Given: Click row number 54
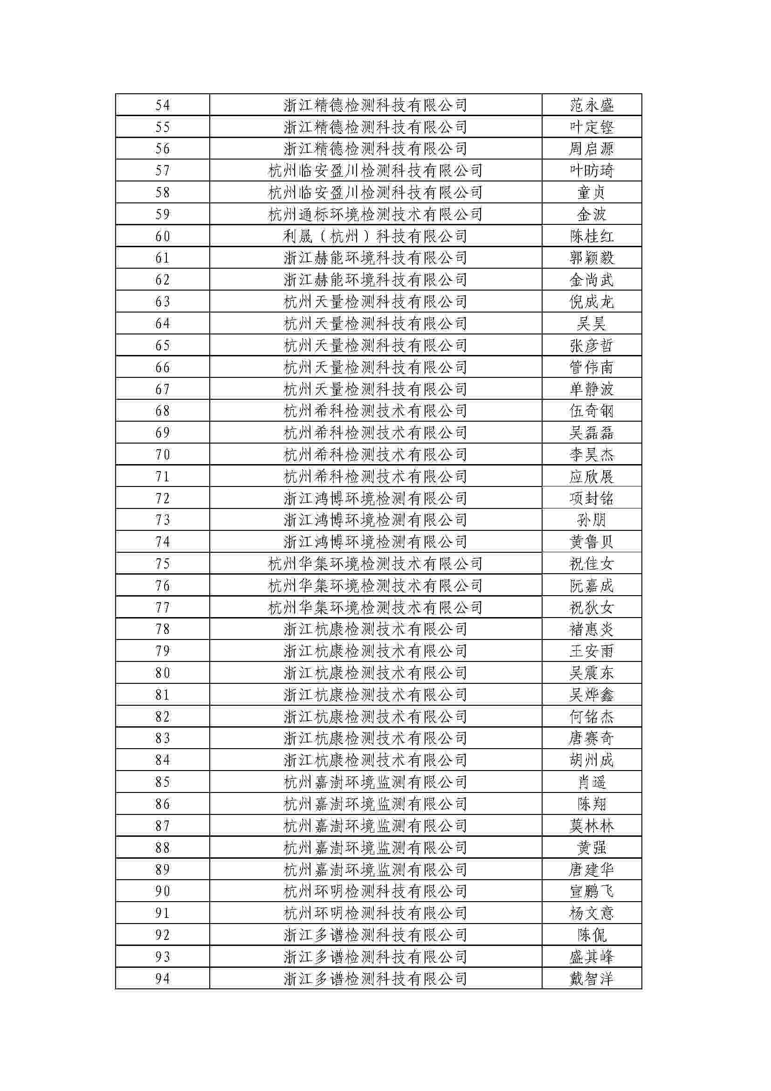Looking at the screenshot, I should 162,105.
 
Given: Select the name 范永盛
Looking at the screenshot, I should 592,105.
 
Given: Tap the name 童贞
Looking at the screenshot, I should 592,193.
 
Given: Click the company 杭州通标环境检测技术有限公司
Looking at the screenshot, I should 375,214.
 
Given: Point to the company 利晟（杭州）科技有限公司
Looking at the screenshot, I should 375,236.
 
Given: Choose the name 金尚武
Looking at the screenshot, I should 592,280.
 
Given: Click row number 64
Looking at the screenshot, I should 162,324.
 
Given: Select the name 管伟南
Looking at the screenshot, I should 592,367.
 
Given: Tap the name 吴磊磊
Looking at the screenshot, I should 592,433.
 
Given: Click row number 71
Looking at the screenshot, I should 162,477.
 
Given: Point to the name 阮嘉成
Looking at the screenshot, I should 592,586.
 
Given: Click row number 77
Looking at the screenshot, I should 162,608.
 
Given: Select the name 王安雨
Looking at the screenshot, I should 592,652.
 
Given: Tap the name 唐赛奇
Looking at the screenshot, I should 592,739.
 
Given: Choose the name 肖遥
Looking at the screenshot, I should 592,783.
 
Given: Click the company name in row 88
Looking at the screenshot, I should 375,848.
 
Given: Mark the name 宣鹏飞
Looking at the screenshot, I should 592,892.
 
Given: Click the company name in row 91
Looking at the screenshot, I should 375,914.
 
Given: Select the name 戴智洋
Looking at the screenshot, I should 592,980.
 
